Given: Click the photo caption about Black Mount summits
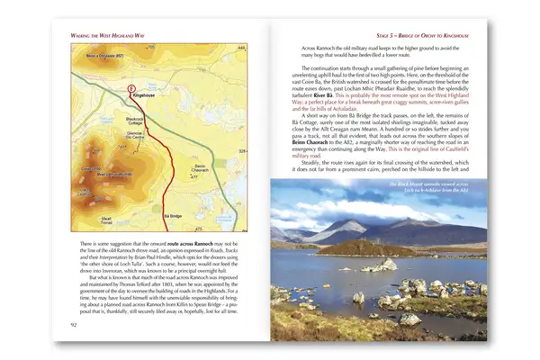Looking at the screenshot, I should point(436,186).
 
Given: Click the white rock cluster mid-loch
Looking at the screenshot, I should point(389,265).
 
